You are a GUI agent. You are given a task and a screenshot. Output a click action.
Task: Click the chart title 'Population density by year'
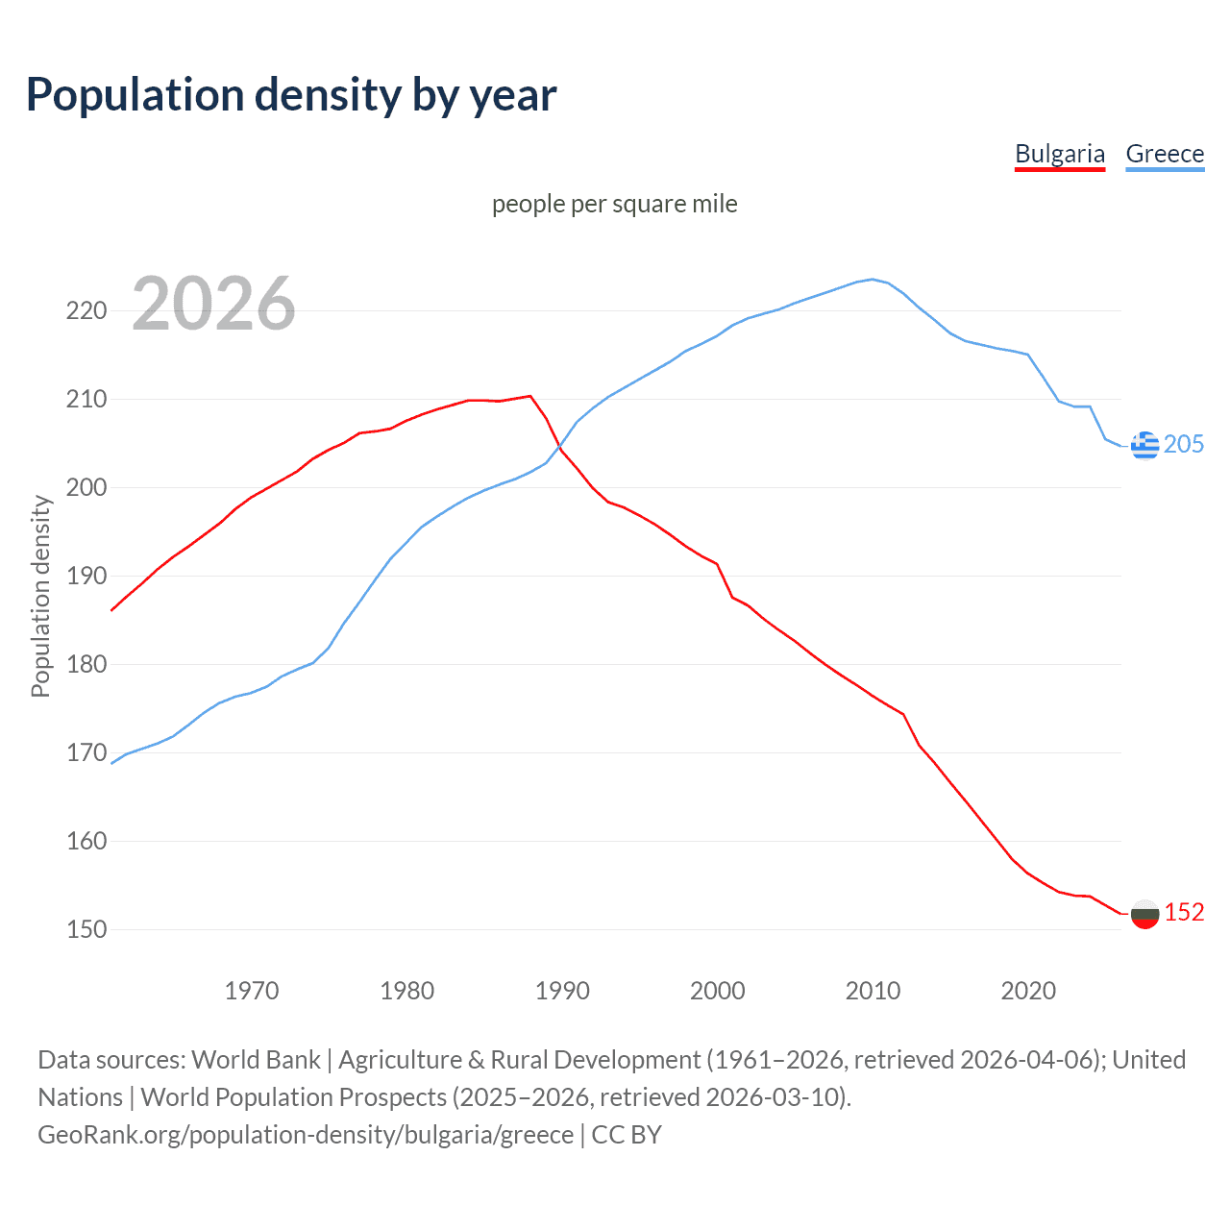click(x=291, y=95)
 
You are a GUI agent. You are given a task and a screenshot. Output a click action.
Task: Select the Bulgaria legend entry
click(x=1060, y=154)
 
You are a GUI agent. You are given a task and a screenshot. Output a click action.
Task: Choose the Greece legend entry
click(x=1165, y=154)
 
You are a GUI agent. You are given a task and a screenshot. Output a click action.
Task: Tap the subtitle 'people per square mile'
click(x=615, y=204)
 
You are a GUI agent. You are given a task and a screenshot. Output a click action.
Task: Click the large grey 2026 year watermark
click(x=213, y=304)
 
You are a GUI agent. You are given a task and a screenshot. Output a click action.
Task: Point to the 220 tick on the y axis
click(x=86, y=310)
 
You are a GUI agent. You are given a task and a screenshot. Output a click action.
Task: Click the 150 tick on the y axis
click(x=86, y=929)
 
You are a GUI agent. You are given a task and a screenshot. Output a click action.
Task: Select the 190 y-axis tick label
click(x=86, y=576)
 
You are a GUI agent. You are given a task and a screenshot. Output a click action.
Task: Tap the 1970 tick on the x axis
click(x=252, y=990)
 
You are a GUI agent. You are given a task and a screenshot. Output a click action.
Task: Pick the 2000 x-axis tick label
click(x=718, y=990)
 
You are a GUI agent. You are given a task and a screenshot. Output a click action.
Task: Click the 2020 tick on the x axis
click(x=1028, y=990)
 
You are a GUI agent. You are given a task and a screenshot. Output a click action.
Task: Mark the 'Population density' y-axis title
click(x=40, y=596)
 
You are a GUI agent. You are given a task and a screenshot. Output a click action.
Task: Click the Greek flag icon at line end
click(x=1144, y=445)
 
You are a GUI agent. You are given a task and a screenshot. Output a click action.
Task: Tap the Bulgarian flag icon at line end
click(x=1144, y=914)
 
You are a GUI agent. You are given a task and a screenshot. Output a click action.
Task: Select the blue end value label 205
click(x=1184, y=444)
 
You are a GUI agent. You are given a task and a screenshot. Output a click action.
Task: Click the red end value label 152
click(x=1184, y=912)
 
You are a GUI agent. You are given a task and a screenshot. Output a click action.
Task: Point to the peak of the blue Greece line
click(x=873, y=280)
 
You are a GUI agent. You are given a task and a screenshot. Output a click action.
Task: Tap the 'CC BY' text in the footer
click(x=627, y=1135)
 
